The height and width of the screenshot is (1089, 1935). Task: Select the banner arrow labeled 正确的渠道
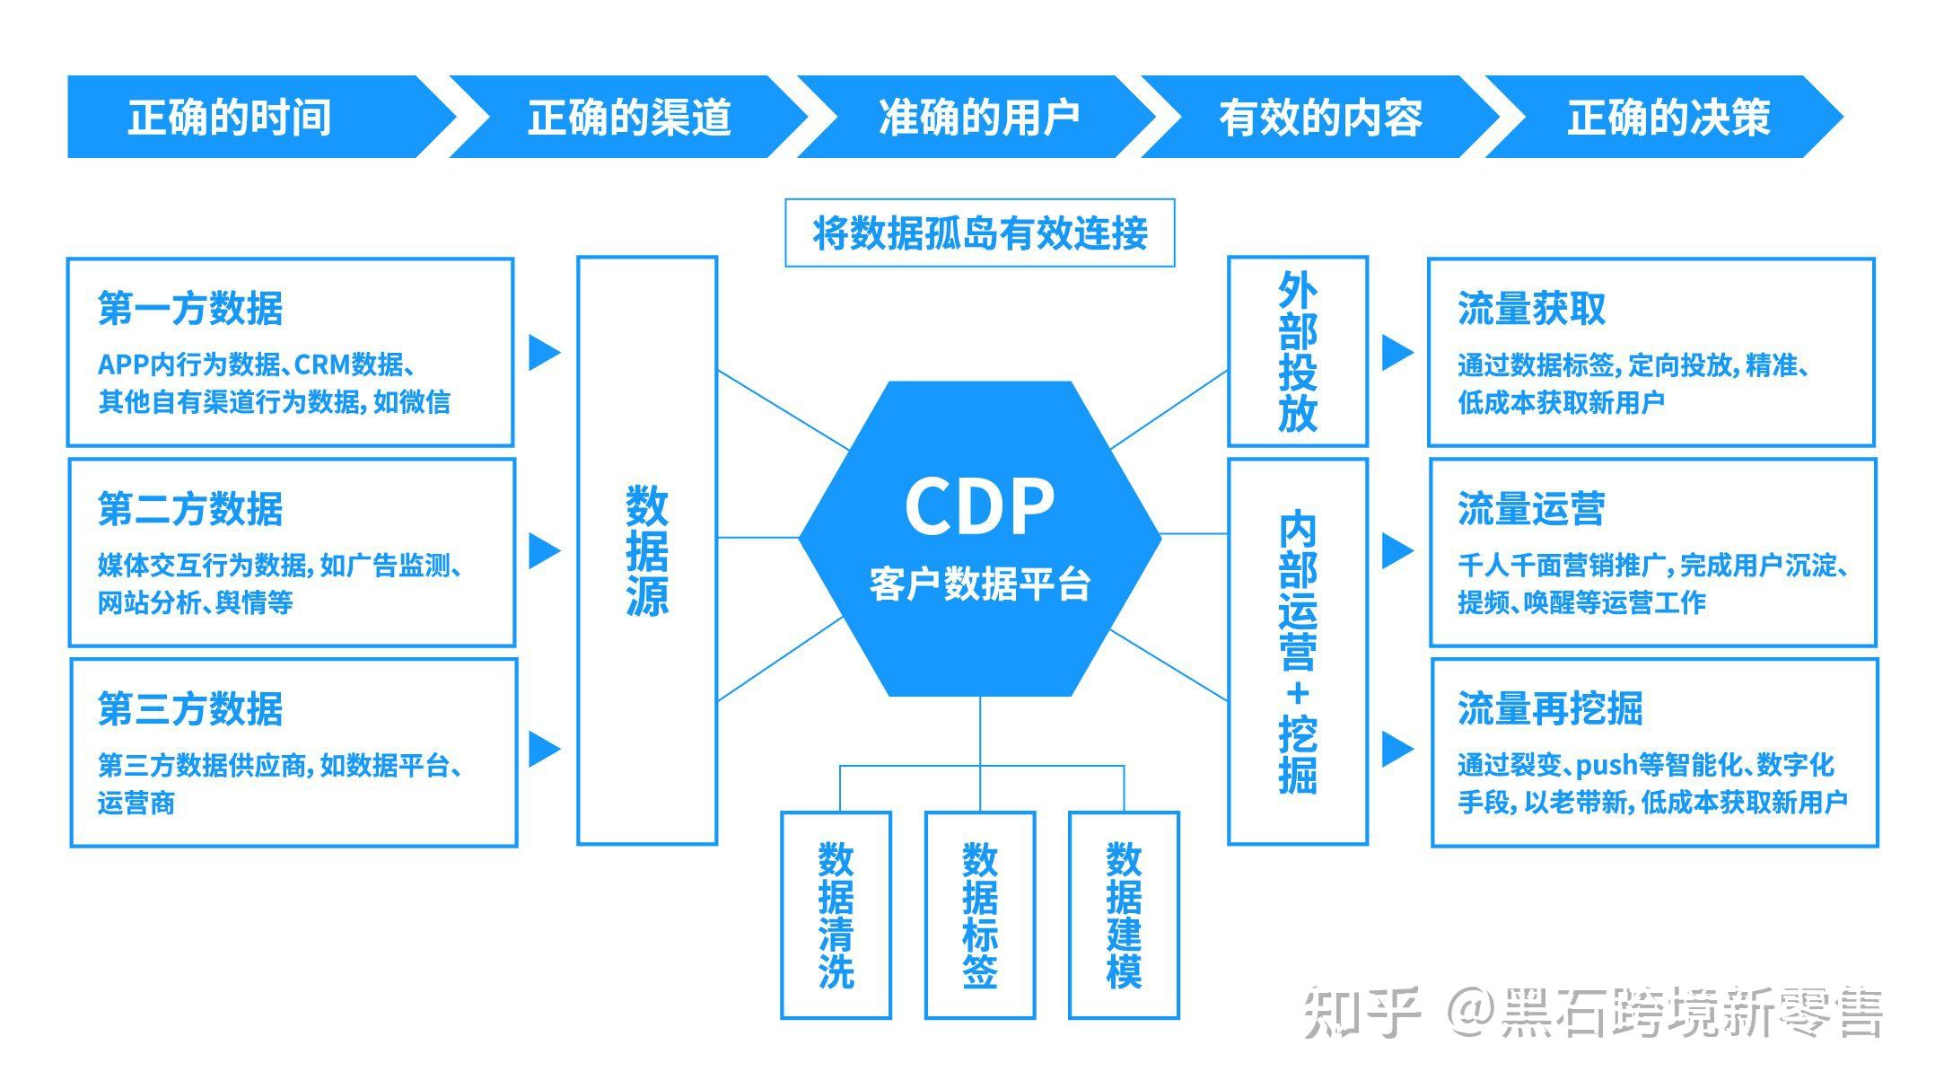628,117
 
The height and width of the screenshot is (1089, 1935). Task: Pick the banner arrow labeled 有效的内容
1319,117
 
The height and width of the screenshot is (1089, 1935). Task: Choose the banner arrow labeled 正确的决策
1668,117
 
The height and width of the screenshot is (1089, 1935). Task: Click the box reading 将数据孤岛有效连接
979,233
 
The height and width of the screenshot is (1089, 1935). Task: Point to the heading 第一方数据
190,309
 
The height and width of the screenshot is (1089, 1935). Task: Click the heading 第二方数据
190,509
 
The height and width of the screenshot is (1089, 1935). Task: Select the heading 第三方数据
190,709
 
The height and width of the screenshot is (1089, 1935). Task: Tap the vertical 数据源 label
647,550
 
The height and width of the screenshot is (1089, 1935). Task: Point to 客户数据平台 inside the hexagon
979,584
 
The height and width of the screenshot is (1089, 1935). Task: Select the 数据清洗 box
836,915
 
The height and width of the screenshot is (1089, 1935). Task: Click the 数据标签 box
979,915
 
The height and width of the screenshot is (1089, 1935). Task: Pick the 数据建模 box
1124,915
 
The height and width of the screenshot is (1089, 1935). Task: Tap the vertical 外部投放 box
1297,352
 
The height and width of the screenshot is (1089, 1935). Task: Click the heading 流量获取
1531,309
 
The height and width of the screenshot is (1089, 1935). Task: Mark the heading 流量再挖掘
1550,709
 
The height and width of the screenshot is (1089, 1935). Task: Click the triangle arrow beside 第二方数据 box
542,550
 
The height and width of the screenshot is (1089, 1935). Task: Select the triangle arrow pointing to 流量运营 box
1395,550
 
